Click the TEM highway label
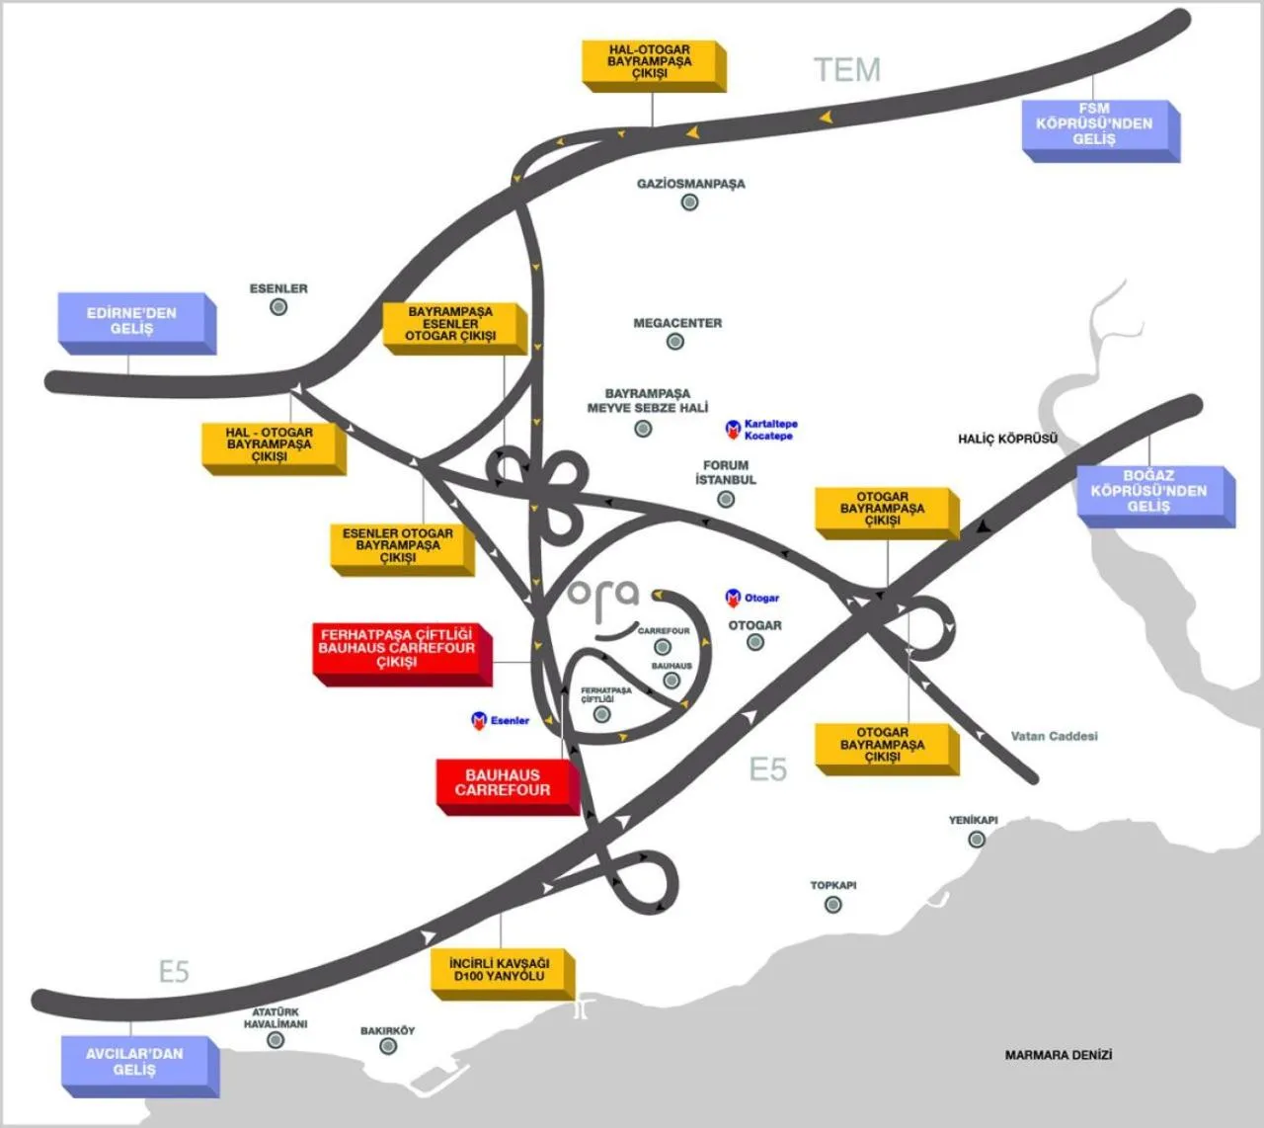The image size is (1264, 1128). pyautogui.click(x=847, y=69)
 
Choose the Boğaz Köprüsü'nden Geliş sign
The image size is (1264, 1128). pyautogui.click(x=1150, y=492)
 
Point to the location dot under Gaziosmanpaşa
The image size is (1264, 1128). pyautogui.click(x=689, y=202)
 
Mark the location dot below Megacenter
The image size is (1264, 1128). pyautogui.click(x=675, y=342)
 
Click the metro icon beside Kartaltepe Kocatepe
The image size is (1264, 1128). pyautogui.click(x=733, y=429)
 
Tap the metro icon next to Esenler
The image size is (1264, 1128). pyautogui.click(x=479, y=721)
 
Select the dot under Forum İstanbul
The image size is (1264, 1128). pyautogui.click(x=726, y=500)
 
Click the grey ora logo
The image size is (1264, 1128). pyautogui.click(x=603, y=595)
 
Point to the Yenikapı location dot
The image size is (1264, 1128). pyautogui.click(x=977, y=840)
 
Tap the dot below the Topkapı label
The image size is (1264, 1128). pyautogui.click(x=833, y=904)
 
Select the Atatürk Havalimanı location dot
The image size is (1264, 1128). pyautogui.click(x=276, y=1040)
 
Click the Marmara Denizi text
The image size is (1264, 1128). pyautogui.click(x=1058, y=1055)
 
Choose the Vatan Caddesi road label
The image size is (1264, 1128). pyautogui.click(x=1054, y=736)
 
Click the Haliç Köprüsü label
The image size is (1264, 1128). pyautogui.click(x=1007, y=439)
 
